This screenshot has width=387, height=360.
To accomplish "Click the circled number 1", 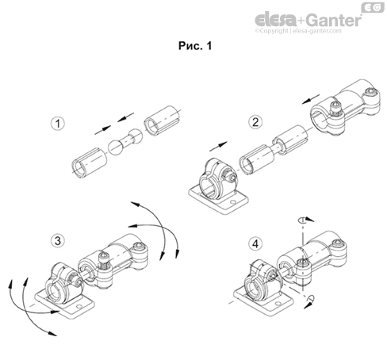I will (x=57, y=124).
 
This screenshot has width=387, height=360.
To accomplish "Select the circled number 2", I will (x=255, y=121).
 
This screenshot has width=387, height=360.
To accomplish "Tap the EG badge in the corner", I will (x=370, y=7).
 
